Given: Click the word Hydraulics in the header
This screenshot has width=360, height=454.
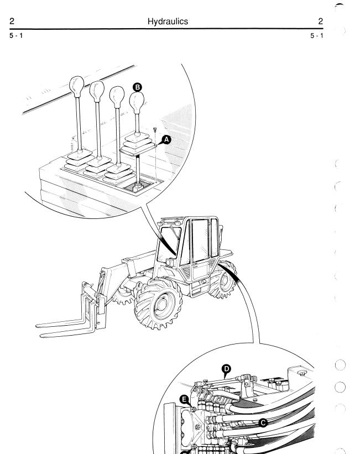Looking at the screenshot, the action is click(168, 22).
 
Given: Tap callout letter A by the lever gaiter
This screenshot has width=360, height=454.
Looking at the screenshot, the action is click(166, 140).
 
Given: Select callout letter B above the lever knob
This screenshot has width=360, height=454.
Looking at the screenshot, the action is click(137, 87).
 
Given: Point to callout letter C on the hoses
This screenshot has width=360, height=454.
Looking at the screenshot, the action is click(263, 423).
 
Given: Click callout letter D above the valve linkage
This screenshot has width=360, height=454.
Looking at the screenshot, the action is click(226, 369).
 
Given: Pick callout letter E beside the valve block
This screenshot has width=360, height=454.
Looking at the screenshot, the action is click(184, 400).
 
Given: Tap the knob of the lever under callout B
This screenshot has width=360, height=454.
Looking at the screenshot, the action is click(137, 101).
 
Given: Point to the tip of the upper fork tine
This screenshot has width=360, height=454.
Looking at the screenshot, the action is click(37, 326).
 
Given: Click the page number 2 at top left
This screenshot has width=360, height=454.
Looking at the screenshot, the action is click(12, 21).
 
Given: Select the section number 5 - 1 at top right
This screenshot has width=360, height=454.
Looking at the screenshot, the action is click(316, 35).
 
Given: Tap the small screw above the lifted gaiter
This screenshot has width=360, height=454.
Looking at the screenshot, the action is click(155, 130).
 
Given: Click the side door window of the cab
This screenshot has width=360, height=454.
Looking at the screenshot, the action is click(200, 241).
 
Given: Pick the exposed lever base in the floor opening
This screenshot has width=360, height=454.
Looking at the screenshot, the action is click(138, 186).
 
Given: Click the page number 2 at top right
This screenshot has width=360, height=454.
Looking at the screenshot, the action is click(320, 21).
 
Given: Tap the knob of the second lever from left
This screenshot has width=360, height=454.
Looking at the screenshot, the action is click(97, 90).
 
